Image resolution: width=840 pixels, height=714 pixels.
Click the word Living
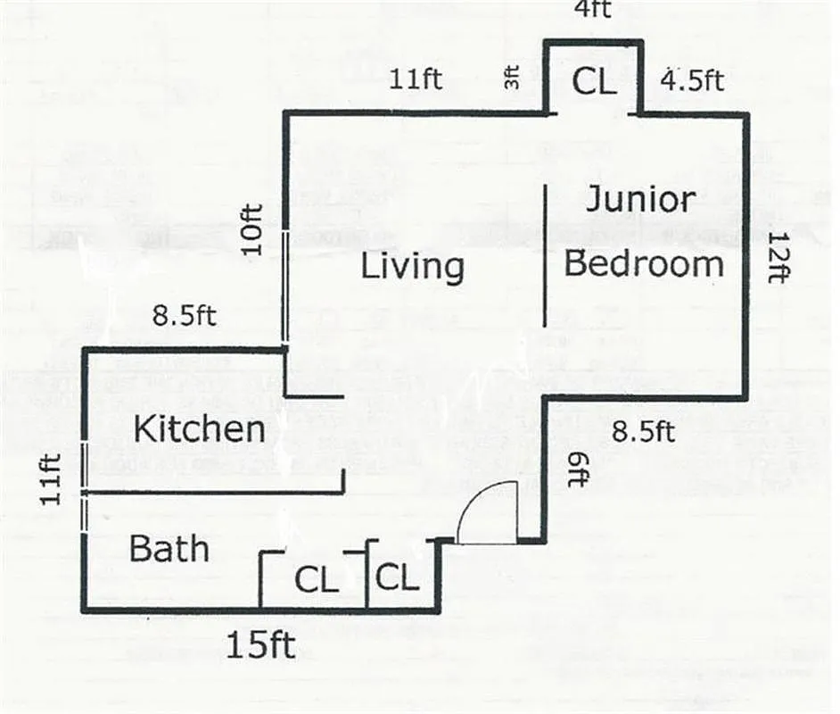pos(412,267)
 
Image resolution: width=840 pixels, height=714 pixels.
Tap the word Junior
pos(639,201)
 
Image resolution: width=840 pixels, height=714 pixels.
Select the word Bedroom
pos(644,264)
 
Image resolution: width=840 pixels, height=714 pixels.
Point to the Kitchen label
pos(199,429)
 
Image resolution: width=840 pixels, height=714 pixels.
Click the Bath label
pos(169,548)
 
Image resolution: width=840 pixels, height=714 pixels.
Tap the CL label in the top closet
pos(593,82)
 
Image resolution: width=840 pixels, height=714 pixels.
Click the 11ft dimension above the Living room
pos(416,79)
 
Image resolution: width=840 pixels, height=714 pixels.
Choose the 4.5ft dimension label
pos(691,79)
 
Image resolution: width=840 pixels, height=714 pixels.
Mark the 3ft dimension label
pos(512,80)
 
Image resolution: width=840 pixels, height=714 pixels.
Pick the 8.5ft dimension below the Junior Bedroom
pos(642,433)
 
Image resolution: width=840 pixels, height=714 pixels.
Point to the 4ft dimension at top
pos(592,9)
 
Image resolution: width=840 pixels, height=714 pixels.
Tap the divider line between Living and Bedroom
pos(546,255)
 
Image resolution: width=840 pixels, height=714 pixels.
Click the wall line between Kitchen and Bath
pos(214,492)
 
